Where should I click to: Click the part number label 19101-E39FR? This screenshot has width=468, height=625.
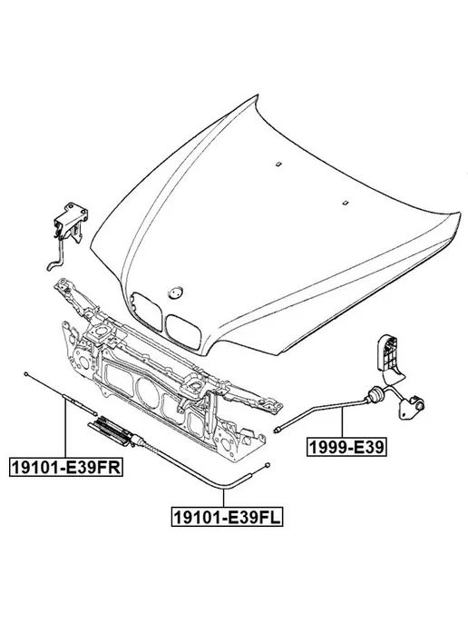tap(65, 467)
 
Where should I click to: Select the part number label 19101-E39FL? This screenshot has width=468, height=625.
tap(228, 517)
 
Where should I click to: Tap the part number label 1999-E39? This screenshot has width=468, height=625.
tap(346, 447)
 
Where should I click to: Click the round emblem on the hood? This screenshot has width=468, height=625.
tap(175, 293)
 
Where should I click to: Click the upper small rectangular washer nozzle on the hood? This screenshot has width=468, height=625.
tap(278, 163)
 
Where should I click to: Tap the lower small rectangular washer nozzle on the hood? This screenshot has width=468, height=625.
tap(346, 202)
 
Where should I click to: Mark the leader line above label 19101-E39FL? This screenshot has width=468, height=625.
tap(224, 498)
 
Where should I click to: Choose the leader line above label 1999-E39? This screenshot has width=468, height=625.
tap(342, 422)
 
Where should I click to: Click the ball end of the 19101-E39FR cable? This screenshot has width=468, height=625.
tap(26, 373)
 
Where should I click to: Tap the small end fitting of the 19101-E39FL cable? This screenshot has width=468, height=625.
tap(268, 464)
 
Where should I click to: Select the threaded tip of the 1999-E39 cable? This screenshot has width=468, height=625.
tap(278, 429)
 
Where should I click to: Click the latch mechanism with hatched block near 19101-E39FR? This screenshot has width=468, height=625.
tap(112, 432)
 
